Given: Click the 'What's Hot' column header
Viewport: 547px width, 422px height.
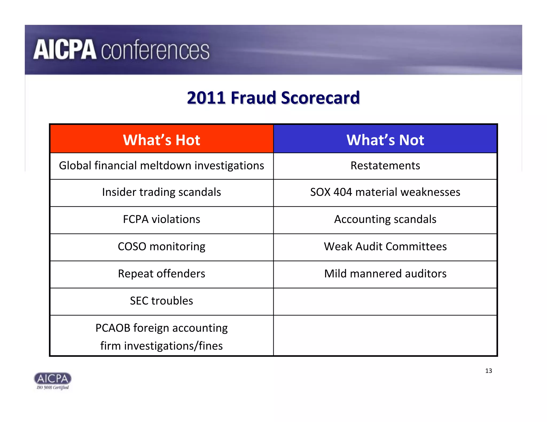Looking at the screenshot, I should pos(161,140).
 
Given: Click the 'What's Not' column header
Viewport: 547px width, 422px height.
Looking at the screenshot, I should pos(385,140).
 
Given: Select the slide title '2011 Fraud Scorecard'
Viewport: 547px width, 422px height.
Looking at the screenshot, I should pos(273,98).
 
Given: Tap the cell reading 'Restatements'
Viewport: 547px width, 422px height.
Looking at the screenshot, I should pos(385,166).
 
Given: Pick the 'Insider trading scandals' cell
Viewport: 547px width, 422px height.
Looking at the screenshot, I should pos(161,192).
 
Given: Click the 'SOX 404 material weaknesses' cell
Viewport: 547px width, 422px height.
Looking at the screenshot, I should pos(385,192).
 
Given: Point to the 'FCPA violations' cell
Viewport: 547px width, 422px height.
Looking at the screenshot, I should pos(161,219).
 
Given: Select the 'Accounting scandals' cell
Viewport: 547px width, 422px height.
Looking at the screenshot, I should pos(385,219).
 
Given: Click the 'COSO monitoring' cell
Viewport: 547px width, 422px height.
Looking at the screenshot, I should pos(161,246).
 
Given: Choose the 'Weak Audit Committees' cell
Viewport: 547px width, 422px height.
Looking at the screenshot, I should pos(385,246).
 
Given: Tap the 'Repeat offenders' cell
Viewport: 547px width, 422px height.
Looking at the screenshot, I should pos(161,274).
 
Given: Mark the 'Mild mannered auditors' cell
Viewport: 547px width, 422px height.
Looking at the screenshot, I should pos(385,274).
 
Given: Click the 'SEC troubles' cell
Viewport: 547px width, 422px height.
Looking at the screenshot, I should pos(161,301).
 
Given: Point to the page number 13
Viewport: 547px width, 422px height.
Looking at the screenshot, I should pos(489,371).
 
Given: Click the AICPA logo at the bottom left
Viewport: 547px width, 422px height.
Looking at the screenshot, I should pos(53,379).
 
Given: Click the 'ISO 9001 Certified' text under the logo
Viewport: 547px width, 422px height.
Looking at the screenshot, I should pos(53,388).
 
